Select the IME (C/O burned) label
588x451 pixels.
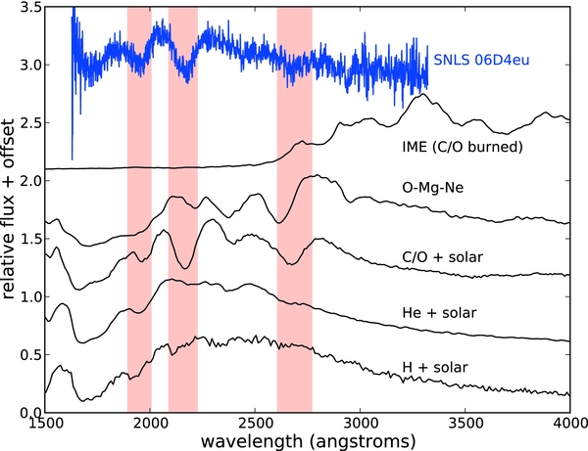tap(454, 148)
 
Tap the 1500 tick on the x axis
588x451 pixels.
tap(45, 423)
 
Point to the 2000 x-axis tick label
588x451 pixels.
tap(150, 423)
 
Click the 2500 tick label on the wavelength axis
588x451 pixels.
tap(255, 423)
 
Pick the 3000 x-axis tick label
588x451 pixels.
tap(360, 423)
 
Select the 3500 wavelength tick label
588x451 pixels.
tap(465, 423)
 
